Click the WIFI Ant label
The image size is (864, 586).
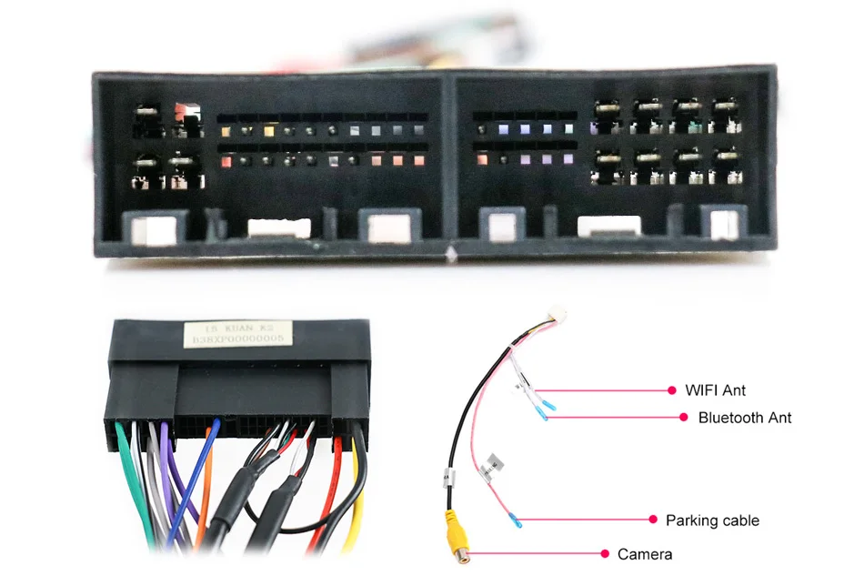click(715, 390)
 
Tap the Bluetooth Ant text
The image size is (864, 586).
click(744, 418)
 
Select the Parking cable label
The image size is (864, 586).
click(712, 520)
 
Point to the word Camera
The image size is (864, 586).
click(645, 554)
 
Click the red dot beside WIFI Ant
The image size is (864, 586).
click(672, 390)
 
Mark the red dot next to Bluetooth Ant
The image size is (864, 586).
click(684, 418)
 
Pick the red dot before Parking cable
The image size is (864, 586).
click(652, 520)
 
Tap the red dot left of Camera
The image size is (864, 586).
click(605, 553)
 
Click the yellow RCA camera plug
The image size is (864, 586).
click(452, 532)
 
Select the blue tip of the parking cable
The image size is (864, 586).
click(517, 521)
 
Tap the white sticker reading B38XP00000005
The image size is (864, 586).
click(238, 333)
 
